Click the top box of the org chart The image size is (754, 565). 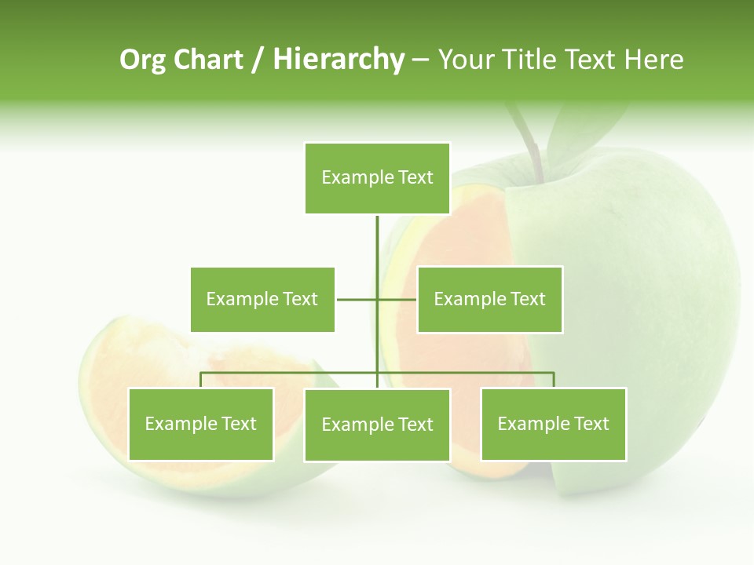point(377,178)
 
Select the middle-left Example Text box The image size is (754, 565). point(262,299)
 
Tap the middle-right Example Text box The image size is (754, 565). point(489,299)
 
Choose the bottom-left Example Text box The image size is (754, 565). point(201,425)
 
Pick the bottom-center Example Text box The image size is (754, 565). point(377,425)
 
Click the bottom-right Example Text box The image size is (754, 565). point(553,425)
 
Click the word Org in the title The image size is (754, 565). point(142,60)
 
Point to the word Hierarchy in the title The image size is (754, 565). point(339,60)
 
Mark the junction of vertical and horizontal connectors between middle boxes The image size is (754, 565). point(377,299)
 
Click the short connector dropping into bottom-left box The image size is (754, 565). point(201,380)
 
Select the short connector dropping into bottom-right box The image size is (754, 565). point(553,380)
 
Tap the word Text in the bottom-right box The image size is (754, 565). point(591,425)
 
